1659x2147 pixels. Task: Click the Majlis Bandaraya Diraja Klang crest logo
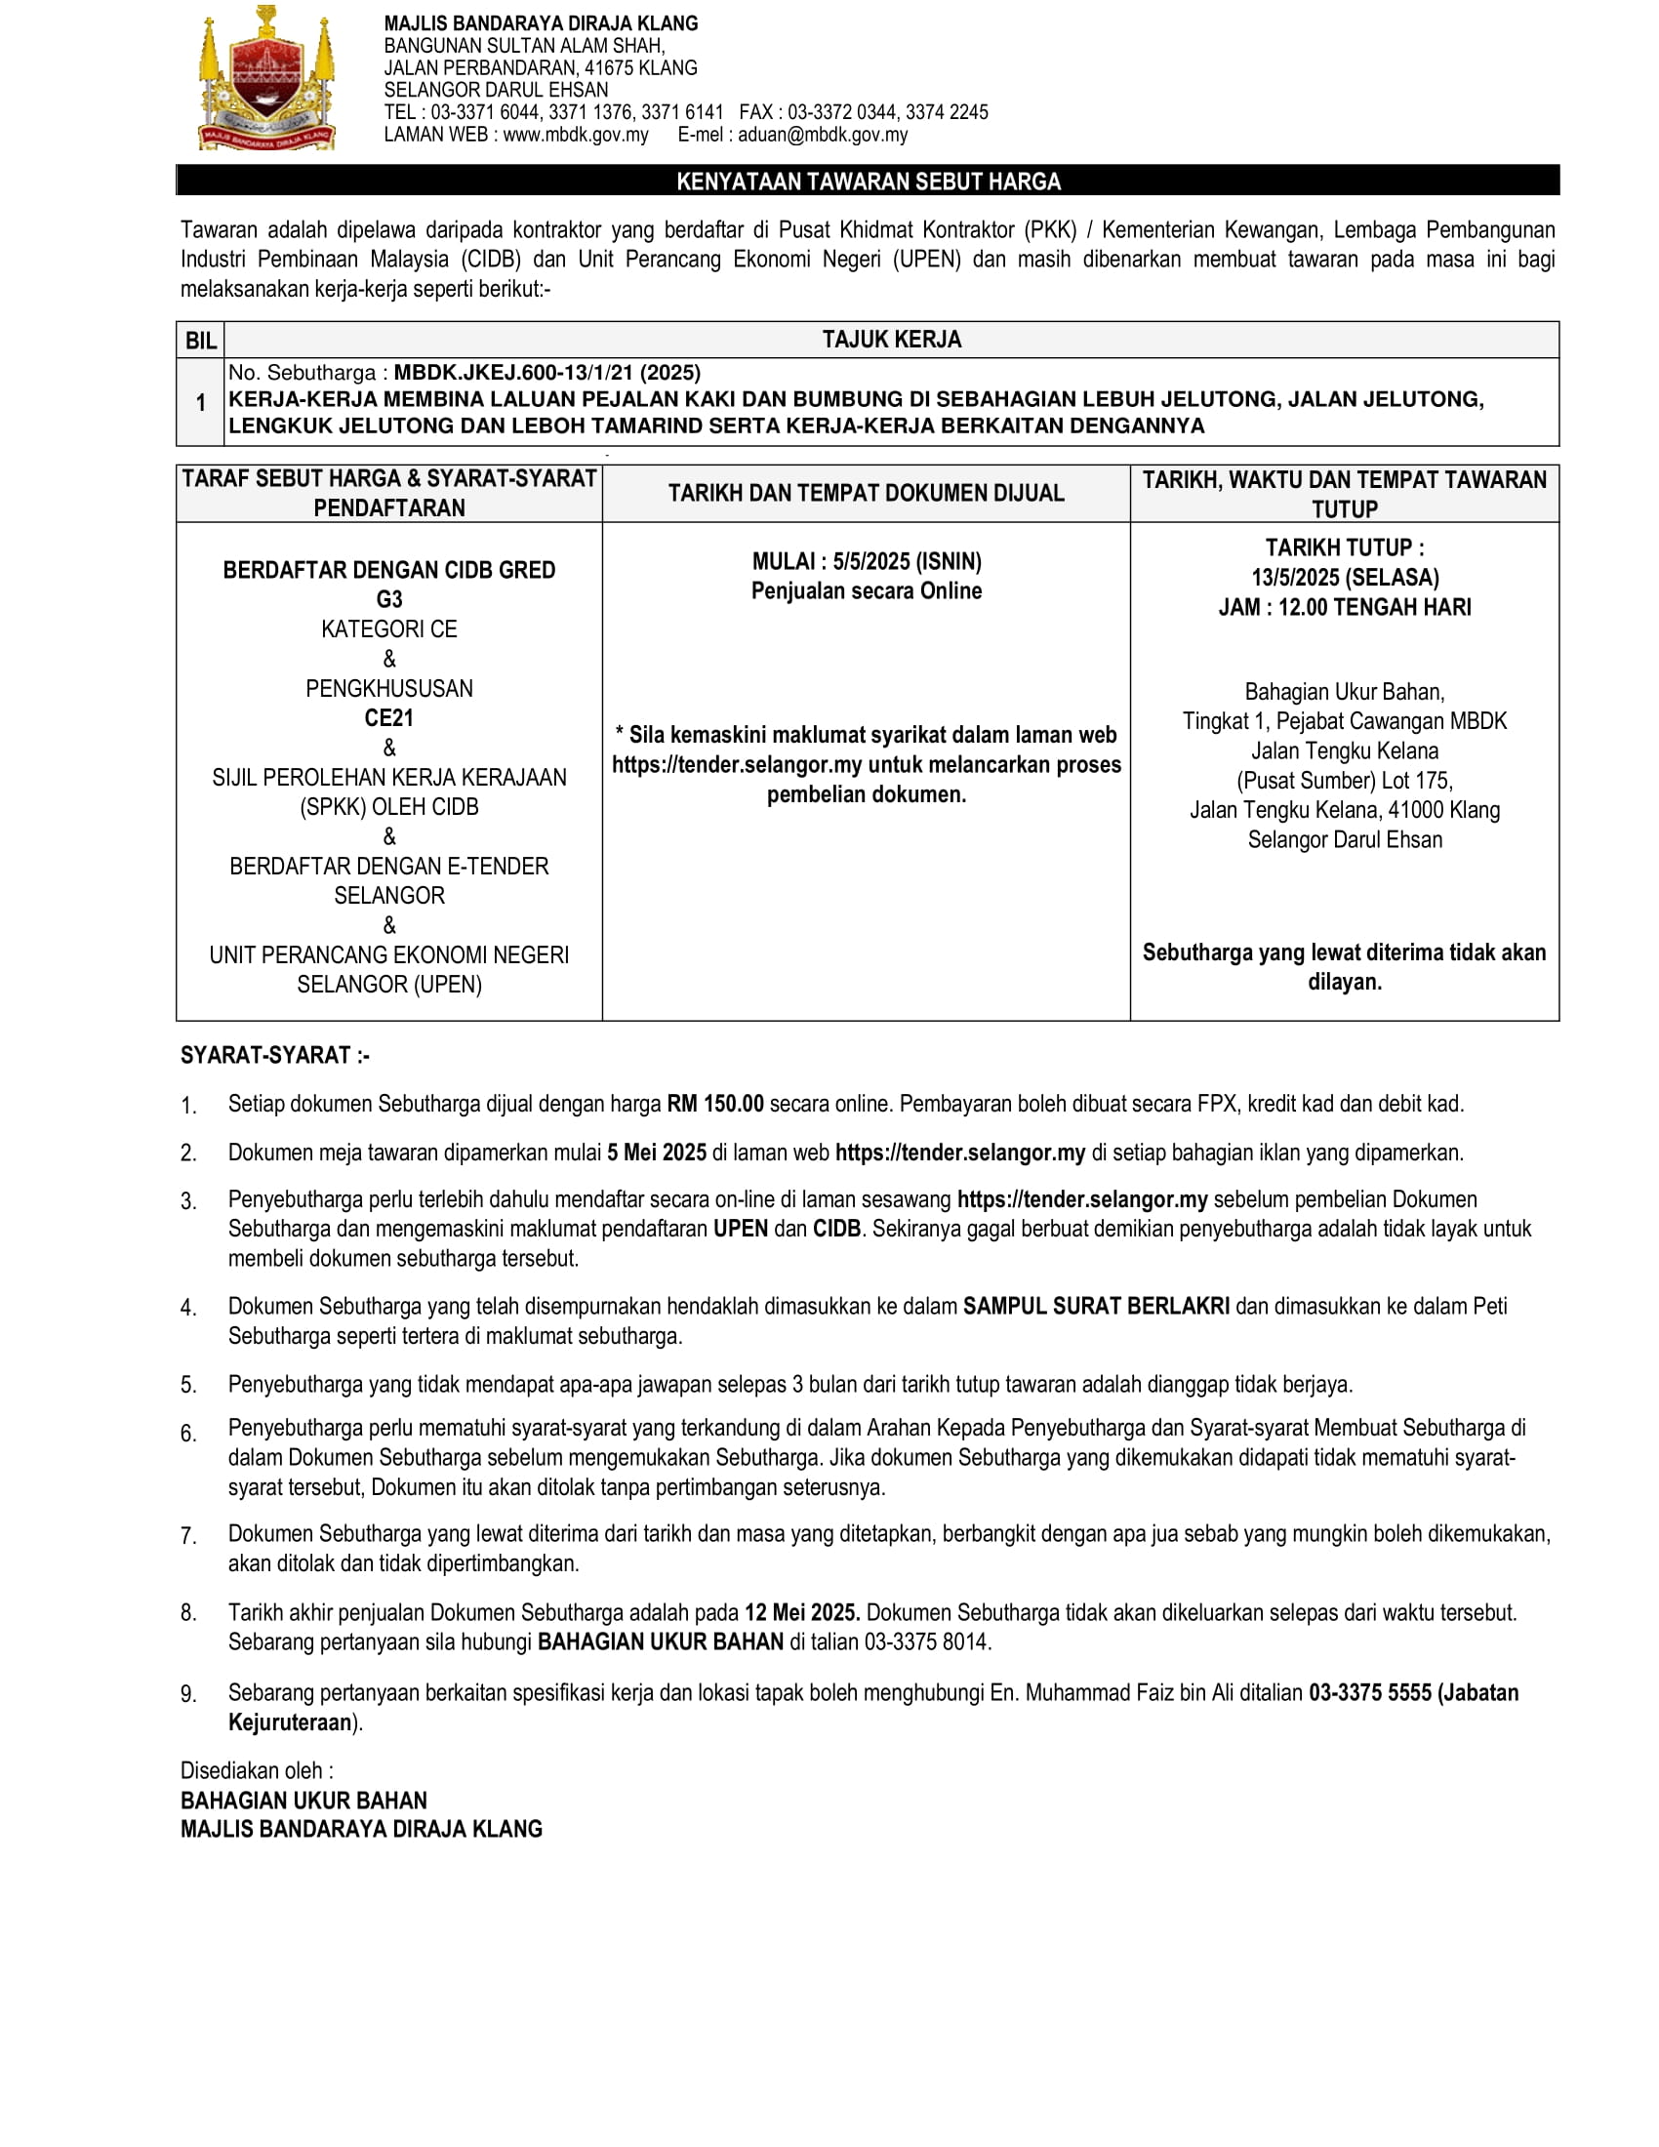266,79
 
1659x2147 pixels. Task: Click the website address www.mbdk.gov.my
575,135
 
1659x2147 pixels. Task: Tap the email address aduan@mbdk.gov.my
823,135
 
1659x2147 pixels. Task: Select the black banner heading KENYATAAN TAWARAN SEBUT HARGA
868,181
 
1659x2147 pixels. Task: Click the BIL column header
200,341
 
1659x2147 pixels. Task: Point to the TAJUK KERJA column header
891,340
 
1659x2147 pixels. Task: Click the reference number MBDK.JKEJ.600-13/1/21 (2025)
547,373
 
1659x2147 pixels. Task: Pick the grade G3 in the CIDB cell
389,599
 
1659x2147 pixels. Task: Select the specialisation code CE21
389,717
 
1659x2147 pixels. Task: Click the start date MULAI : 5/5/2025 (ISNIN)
867,561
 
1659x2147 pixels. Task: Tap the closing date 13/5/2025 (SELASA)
1345,577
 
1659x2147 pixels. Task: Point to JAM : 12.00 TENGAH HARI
1345,608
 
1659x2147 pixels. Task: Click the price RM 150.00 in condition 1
714,1104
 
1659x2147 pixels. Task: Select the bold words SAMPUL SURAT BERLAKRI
1096,1307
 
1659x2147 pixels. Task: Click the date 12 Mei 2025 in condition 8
802,1612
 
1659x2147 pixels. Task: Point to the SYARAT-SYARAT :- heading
275,1056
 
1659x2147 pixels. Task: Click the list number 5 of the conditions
187,1385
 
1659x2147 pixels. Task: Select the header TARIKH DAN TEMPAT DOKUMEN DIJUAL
866,494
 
